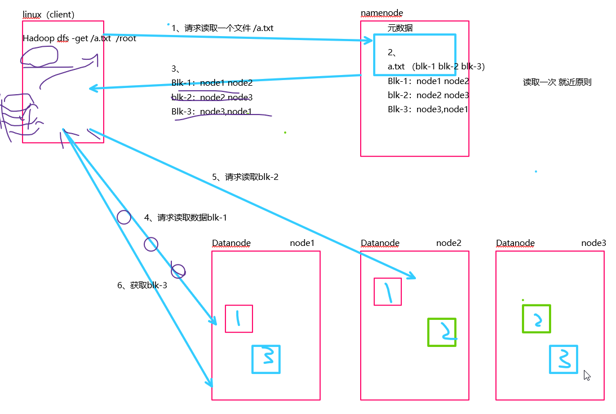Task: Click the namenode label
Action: [x=382, y=13]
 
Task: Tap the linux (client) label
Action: [x=48, y=14]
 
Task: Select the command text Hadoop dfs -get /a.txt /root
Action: [x=79, y=38]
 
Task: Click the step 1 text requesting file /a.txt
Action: [x=223, y=28]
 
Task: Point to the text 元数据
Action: [x=400, y=27]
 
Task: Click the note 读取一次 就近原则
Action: [x=557, y=82]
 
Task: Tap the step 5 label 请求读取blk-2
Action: [x=245, y=177]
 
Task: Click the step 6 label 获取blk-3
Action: [x=142, y=285]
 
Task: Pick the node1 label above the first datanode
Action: [x=302, y=243]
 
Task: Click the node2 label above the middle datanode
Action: [x=449, y=243]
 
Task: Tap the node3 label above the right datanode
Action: [x=593, y=243]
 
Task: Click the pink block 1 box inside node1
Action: [x=238, y=319]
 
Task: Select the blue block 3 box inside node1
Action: [x=265, y=359]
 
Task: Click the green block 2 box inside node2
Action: [x=441, y=332]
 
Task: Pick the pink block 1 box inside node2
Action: [x=388, y=292]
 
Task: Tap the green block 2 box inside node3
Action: [x=536, y=319]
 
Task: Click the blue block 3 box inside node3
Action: [x=563, y=359]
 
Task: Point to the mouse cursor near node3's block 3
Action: [x=587, y=375]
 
